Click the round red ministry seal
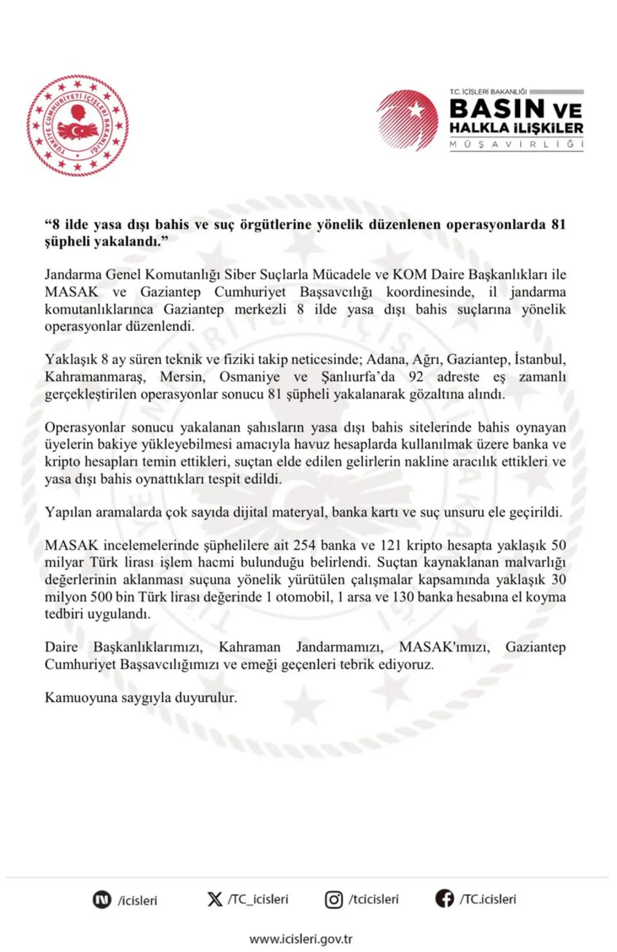78,125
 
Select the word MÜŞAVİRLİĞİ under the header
516,144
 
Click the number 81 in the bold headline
558,224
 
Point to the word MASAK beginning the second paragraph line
71,292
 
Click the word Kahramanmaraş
95,377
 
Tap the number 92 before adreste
416,377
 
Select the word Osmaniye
249,377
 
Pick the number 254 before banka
304,545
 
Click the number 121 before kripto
391,545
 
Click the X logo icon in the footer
215,899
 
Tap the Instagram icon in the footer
334,900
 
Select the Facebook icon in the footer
444,899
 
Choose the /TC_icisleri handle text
258,899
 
